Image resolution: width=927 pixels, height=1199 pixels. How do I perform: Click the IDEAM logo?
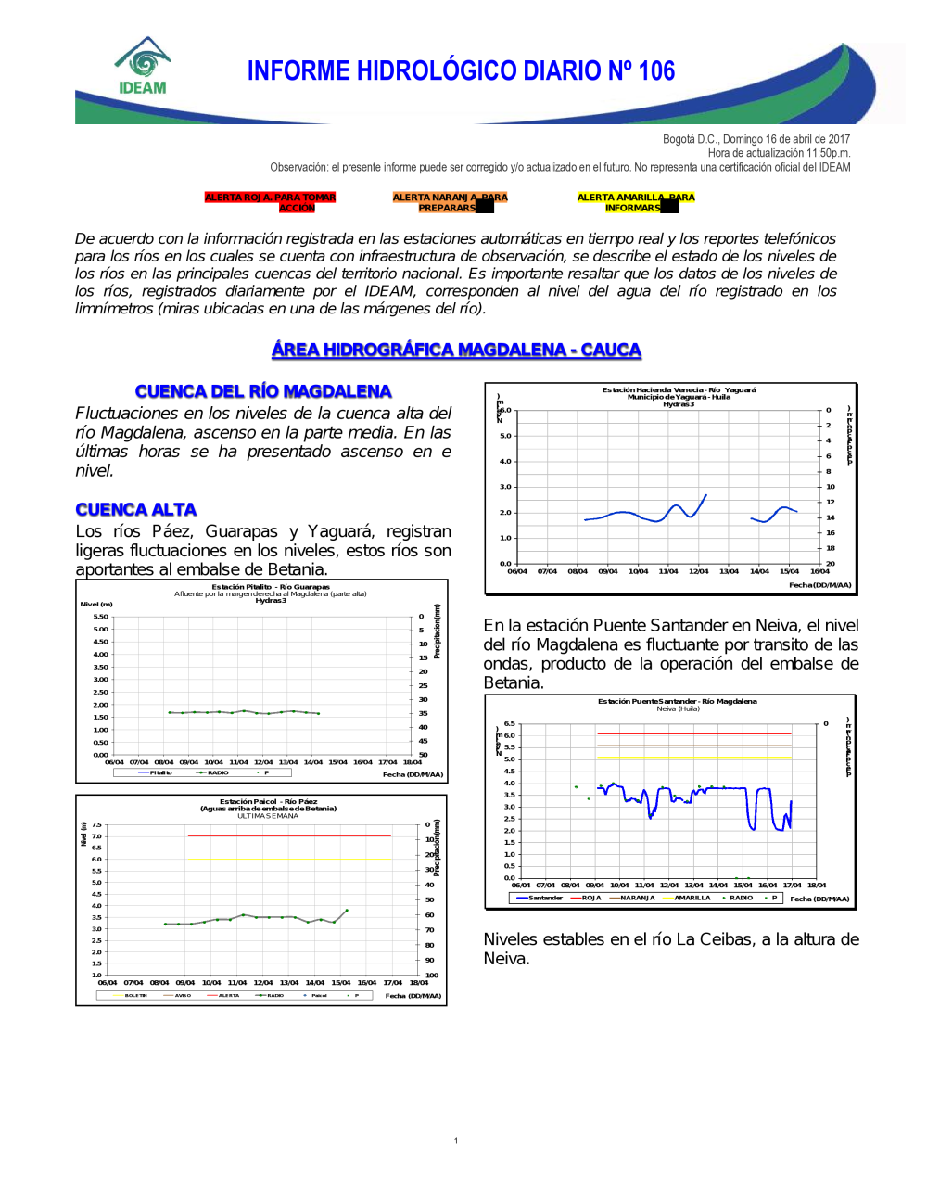143,67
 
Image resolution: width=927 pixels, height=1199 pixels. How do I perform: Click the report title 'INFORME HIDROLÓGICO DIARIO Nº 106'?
461,71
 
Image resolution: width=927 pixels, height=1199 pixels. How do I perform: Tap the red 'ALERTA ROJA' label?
270,202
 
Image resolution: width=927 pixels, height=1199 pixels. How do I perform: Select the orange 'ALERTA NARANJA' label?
450,202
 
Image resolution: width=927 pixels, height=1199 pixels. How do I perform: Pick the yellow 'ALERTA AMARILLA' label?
635,202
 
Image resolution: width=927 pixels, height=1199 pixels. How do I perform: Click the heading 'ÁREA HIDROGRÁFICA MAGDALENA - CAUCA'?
456,350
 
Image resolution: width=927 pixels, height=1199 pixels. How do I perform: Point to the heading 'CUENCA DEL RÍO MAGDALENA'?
263,391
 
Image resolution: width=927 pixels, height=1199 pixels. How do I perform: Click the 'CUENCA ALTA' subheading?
136,509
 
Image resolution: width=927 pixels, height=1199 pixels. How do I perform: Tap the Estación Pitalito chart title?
270,587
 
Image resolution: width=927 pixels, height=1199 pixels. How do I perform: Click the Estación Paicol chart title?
268,801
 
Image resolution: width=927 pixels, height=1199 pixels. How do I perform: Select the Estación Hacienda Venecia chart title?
679,390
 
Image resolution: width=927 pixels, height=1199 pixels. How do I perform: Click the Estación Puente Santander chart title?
677,701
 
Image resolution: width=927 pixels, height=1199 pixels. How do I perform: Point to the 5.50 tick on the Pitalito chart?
100,617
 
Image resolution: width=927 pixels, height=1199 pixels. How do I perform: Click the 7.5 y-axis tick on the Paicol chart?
96,824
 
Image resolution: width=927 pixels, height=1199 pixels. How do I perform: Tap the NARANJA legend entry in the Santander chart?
637,898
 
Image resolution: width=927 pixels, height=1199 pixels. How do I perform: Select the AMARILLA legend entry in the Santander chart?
692,898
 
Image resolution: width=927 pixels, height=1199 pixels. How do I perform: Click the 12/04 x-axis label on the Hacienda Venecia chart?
698,571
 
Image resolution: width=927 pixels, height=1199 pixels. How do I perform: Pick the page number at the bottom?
456,1141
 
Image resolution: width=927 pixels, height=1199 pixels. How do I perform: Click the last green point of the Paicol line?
347,911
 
